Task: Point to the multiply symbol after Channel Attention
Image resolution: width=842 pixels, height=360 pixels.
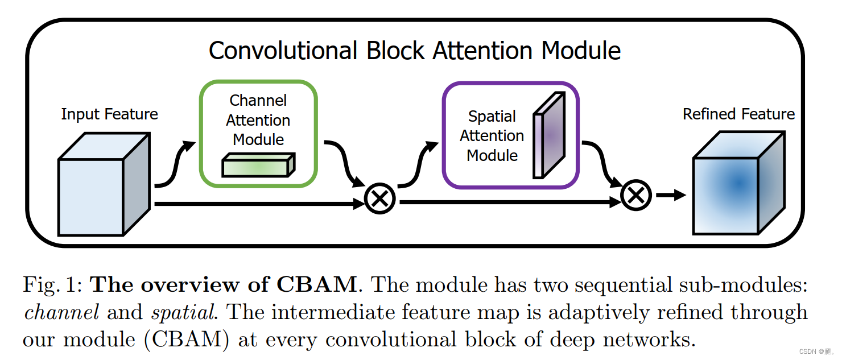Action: [x=379, y=198]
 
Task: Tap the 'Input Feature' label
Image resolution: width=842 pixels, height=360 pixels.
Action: [x=109, y=114]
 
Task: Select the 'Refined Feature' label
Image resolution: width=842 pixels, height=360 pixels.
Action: [x=738, y=114]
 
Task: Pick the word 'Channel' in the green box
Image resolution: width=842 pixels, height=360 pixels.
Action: [x=258, y=101]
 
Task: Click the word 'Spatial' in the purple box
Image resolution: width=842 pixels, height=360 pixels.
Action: [x=492, y=117]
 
